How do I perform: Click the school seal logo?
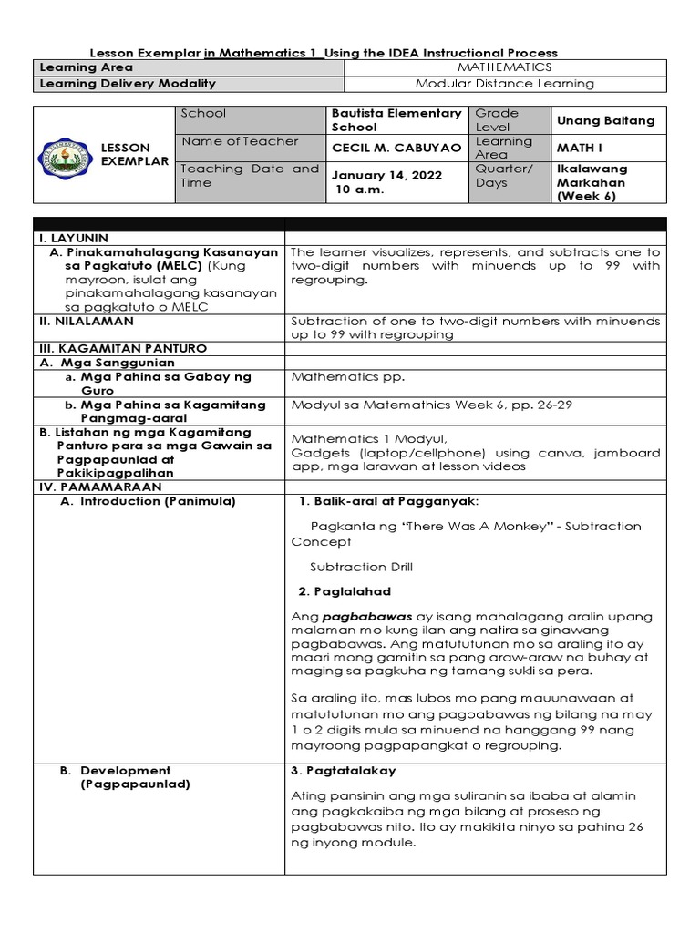(x=67, y=155)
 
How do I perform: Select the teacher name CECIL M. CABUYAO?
(x=396, y=148)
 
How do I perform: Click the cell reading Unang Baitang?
(x=605, y=120)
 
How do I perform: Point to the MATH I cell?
(x=578, y=148)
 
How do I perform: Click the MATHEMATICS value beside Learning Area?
(x=504, y=67)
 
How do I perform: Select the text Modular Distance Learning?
(x=504, y=84)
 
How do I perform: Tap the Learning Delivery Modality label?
(x=127, y=84)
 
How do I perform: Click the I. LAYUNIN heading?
(x=74, y=238)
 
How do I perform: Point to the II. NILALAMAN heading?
(x=86, y=321)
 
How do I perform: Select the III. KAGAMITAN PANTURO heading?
(x=123, y=348)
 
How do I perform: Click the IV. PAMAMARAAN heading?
(x=99, y=487)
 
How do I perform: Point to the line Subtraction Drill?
(x=361, y=567)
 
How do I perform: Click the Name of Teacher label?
(x=240, y=141)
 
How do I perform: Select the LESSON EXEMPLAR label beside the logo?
(x=134, y=155)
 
